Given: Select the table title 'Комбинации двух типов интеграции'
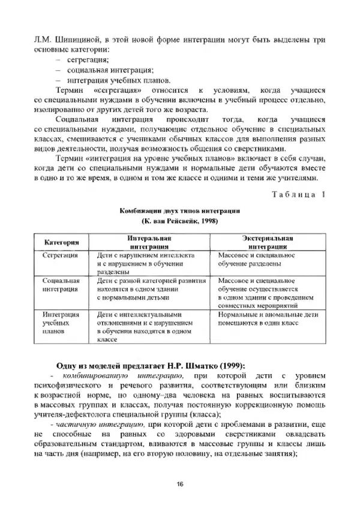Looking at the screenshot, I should pos(179,212).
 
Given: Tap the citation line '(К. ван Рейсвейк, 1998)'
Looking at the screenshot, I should pos(179,221).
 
